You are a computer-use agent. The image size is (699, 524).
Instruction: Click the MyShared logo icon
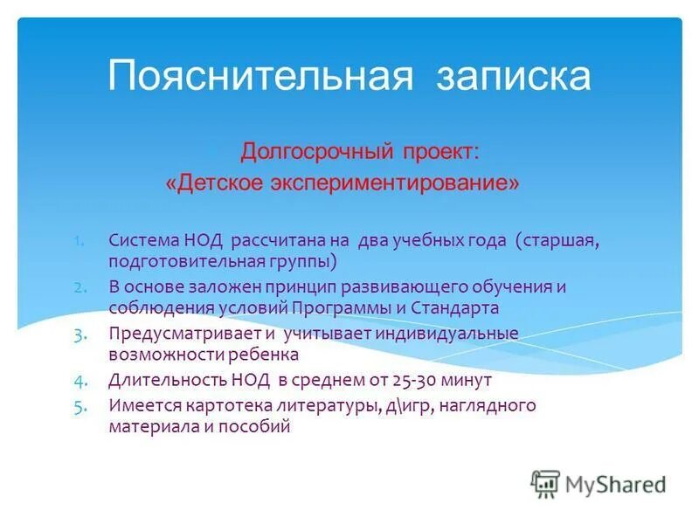click(545, 483)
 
